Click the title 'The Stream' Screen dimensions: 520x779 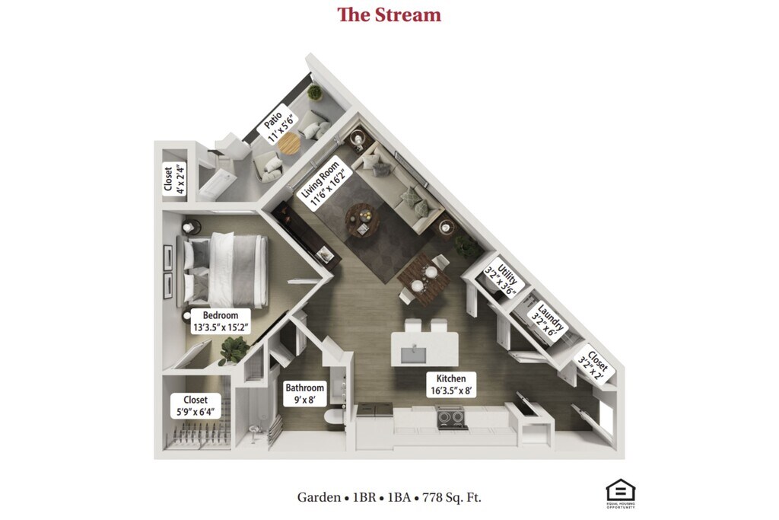[x=389, y=14]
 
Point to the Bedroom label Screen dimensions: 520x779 [x=221, y=322]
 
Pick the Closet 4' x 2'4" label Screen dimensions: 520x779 [x=173, y=180]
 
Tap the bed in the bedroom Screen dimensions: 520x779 [x=228, y=270]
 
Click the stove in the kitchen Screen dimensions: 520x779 [x=450, y=417]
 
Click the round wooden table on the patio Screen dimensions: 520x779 [x=289, y=143]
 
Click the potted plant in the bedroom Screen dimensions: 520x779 [x=233, y=349]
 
